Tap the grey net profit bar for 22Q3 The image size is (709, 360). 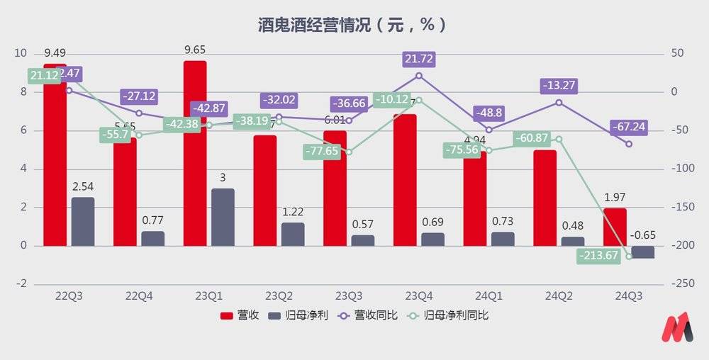(83, 221)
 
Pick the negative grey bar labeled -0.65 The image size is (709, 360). (643, 252)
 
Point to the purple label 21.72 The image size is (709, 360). (418, 59)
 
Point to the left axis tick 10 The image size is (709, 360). (21, 54)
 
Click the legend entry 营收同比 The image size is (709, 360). (369, 315)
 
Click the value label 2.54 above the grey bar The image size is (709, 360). (83, 187)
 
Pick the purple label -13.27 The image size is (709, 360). (559, 86)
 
